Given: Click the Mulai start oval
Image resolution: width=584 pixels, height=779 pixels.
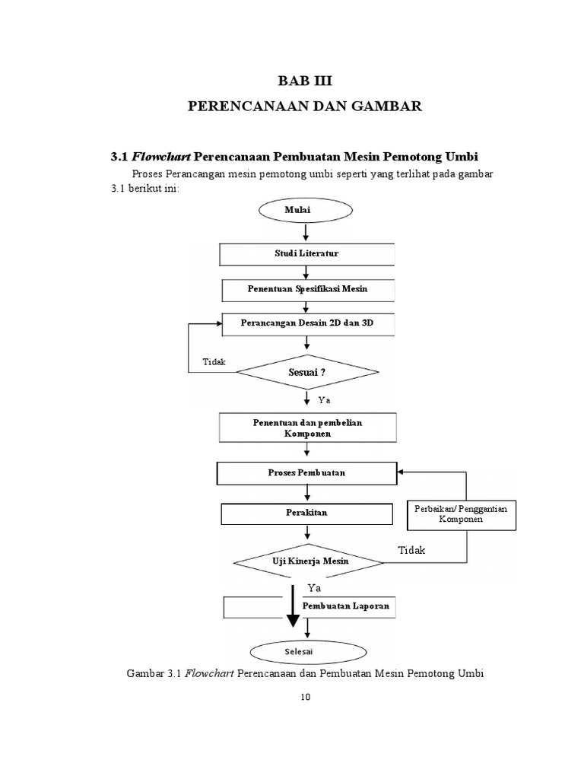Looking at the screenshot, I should pos(306,208).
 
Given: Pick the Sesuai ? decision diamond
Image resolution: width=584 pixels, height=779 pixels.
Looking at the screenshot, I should pos(306,373).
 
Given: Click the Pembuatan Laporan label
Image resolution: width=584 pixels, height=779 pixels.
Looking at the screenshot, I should pos(346,606).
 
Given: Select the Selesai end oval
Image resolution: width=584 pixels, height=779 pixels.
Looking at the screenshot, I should pos(306,652).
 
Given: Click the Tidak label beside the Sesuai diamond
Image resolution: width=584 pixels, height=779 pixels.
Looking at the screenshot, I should pos(214,361).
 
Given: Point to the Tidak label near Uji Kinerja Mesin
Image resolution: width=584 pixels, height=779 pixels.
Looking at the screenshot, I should pos(412,550).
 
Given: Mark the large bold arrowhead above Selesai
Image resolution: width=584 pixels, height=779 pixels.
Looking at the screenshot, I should pos(292,620).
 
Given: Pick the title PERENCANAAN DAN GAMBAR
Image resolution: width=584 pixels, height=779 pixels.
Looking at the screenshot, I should pos(304,107).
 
